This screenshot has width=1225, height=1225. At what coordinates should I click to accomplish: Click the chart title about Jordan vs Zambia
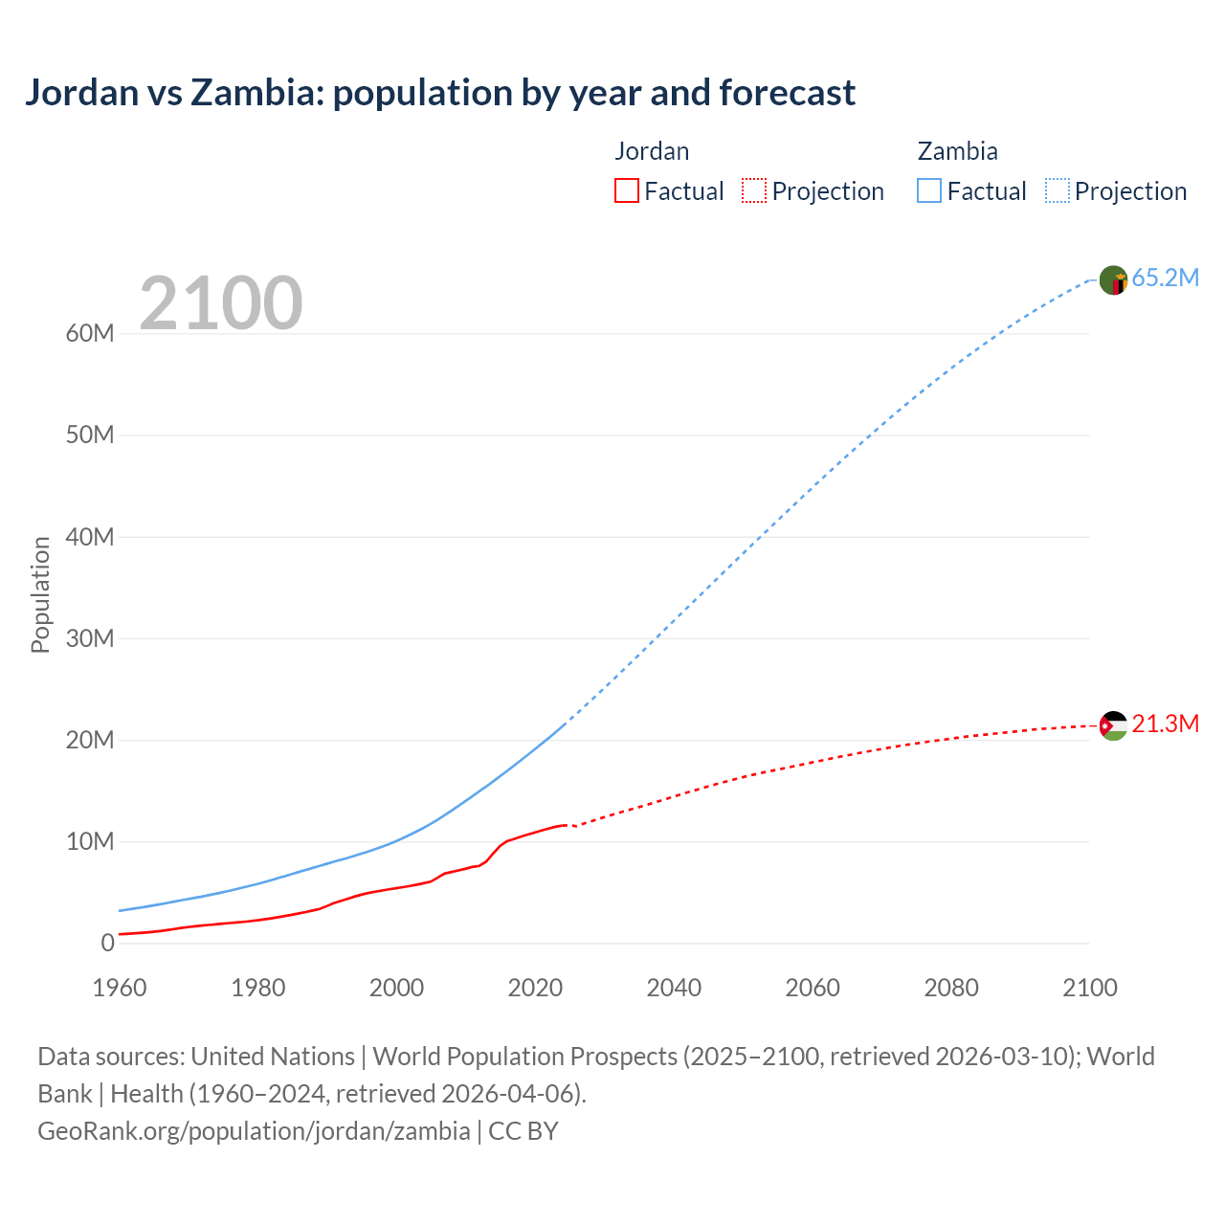440,93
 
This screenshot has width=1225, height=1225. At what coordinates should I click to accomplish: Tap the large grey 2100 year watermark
221,303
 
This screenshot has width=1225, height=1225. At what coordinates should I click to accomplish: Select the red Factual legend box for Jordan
627,190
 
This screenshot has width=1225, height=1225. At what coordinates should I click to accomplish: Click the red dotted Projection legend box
754,190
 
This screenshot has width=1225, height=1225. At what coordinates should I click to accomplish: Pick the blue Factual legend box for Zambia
929,190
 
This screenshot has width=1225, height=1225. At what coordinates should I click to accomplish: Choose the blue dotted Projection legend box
1058,190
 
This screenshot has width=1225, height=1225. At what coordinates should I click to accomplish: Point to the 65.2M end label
1165,278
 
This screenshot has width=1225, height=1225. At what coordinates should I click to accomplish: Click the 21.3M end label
1165,724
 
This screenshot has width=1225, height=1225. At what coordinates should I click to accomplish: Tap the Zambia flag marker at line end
1113,280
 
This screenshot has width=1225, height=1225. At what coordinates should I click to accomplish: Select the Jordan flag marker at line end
1113,725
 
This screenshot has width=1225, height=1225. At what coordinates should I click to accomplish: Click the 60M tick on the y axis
90,334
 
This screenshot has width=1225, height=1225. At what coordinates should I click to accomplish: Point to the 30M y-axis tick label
90,638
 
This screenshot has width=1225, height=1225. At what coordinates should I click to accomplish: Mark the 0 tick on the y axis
107,944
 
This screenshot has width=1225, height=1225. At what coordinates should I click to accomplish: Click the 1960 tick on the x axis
120,988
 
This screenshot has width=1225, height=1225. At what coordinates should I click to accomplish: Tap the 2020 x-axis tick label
535,988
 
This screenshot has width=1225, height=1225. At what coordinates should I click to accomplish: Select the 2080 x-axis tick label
951,988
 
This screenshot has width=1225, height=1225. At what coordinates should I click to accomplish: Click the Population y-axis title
40,594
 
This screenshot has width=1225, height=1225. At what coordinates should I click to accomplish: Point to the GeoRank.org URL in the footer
254,1131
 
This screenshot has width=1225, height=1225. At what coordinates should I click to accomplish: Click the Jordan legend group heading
652,151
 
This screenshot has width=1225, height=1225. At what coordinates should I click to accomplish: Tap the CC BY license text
523,1131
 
